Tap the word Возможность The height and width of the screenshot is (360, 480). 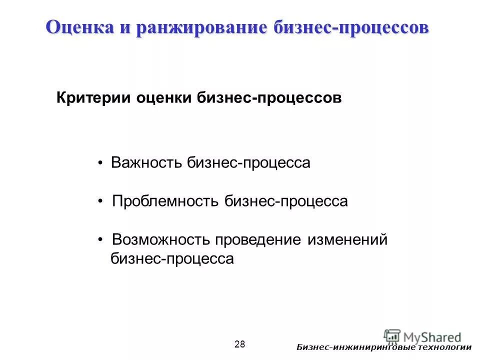pyautogui.click(x=161, y=240)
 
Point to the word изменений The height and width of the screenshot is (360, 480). pyautogui.click(x=347, y=240)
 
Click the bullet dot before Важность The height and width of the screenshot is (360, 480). pyautogui.click(x=101, y=163)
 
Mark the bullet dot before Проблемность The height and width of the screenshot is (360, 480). pyautogui.click(x=101, y=202)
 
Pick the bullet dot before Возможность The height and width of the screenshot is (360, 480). pyautogui.click(x=101, y=240)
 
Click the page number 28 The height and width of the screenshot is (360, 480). pyautogui.click(x=239, y=343)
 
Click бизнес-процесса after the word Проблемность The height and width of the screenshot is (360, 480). pyautogui.click(x=285, y=201)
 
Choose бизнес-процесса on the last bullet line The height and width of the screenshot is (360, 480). pyautogui.click(x=172, y=259)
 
